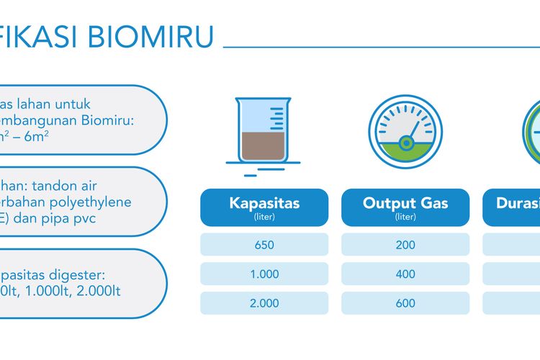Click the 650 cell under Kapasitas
(264, 245)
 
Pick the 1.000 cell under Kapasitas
(264, 274)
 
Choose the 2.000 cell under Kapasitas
(264, 303)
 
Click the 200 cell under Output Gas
(405, 245)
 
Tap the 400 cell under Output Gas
(405, 274)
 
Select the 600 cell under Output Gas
(405, 303)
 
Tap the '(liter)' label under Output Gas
(405, 217)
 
